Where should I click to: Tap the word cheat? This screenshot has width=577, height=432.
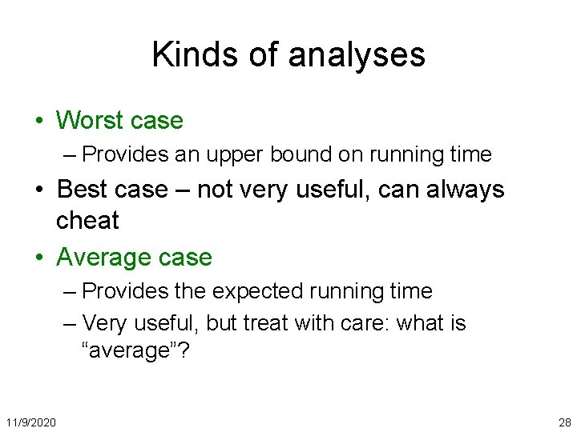tap(87, 220)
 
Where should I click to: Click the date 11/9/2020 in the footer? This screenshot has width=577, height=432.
tap(30, 422)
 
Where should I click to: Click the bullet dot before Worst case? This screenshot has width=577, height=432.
tap(39, 122)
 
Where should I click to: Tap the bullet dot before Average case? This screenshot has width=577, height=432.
tap(39, 258)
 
